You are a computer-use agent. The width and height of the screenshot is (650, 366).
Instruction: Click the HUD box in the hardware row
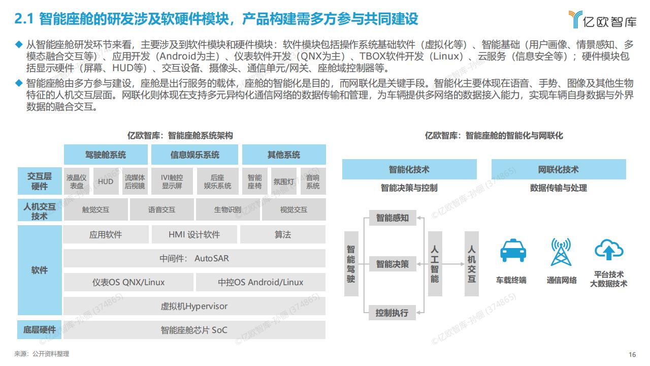pyautogui.click(x=106, y=181)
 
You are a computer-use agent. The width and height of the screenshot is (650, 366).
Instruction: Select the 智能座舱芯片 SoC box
pyautogui.click(x=194, y=330)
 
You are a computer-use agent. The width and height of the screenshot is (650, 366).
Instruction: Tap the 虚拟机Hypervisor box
pyautogui.click(x=194, y=306)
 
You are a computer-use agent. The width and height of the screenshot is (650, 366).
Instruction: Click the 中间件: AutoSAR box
pyautogui.click(x=194, y=258)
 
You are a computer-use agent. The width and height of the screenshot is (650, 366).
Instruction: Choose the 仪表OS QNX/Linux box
pyautogui.click(x=128, y=282)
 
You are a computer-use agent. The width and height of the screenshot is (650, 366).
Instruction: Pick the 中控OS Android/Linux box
pyautogui.click(x=261, y=282)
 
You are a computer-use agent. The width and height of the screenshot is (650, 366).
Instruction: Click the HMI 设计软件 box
pyautogui.click(x=194, y=234)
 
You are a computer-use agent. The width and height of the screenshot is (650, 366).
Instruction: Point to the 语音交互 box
pyautogui.click(x=161, y=209)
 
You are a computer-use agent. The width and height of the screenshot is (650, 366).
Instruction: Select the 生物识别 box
pyautogui.click(x=228, y=209)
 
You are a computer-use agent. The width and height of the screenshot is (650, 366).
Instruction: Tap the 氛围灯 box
pyautogui.click(x=284, y=181)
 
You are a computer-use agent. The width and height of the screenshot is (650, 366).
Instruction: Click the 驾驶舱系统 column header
pyautogui.click(x=106, y=155)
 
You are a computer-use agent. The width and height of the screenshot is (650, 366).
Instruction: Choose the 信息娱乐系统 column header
pyautogui.click(x=194, y=155)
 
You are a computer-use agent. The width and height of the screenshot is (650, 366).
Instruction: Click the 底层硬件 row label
pyautogui.click(x=40, y=330)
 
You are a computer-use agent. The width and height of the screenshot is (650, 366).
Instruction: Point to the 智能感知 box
pyautogui.click(x=393, y=218)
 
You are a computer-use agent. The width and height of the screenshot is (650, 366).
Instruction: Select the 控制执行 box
pyautogui.click(x=392, y=313)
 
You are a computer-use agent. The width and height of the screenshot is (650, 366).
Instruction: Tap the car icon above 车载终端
pyautogui.click(x=513, y=251)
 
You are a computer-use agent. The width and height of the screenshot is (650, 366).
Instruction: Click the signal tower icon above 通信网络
pyautogui.click(x=561, y=252)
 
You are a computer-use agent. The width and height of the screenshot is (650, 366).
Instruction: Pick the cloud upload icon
pyautogui.click(x=609, y=249)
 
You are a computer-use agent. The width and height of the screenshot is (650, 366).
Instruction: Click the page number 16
pyautogui.click(x=632, y=354)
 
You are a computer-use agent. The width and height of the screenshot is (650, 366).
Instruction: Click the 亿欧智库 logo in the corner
pyautogui.click(x=602, y=19)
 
